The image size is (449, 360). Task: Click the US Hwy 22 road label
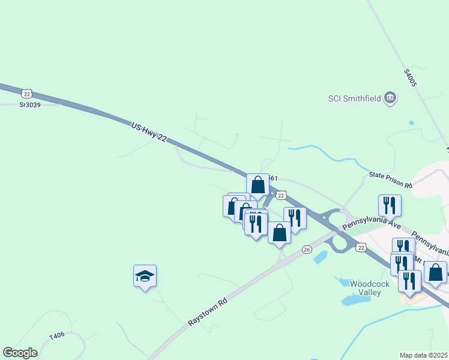[149, 131]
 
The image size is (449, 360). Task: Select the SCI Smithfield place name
[354, 98]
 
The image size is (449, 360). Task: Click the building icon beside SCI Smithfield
[391, 98]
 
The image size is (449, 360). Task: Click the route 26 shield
[307, 249]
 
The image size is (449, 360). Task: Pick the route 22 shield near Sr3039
[26, 94]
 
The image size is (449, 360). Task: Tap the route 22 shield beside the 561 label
[281, 195]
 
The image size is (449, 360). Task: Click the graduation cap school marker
[145, 276]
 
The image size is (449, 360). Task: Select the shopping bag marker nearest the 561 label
[258, 184]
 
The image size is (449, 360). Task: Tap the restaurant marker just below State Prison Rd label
[390, 205]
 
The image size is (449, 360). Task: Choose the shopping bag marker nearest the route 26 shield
[279, 232]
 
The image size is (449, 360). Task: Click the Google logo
[20, 353]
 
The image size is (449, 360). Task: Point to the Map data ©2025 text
[424, 355]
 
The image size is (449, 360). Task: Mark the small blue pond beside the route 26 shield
[321, 257]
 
